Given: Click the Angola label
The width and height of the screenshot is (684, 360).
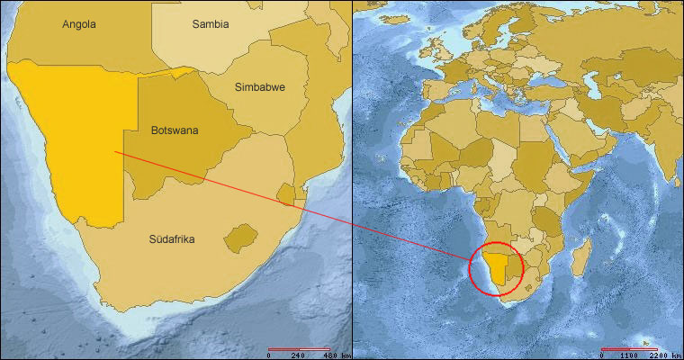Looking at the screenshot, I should (x=79, y=24).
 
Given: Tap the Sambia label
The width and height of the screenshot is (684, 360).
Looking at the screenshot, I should (x=211, y=24).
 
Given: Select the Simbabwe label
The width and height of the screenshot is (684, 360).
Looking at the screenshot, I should (x=260, y=87).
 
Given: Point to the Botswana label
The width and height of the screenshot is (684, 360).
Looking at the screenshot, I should (x=175, y=130).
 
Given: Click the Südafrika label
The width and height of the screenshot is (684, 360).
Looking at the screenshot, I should (x=172, y=239).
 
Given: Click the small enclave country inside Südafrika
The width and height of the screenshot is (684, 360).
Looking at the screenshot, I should (x=237, y=238).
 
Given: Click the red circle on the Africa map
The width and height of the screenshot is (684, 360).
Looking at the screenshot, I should (x=471, y=267).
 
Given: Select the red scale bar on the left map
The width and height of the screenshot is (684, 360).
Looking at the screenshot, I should (x=299, y=347).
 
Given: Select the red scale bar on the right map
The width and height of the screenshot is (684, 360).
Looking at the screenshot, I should (x=623, y=347).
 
